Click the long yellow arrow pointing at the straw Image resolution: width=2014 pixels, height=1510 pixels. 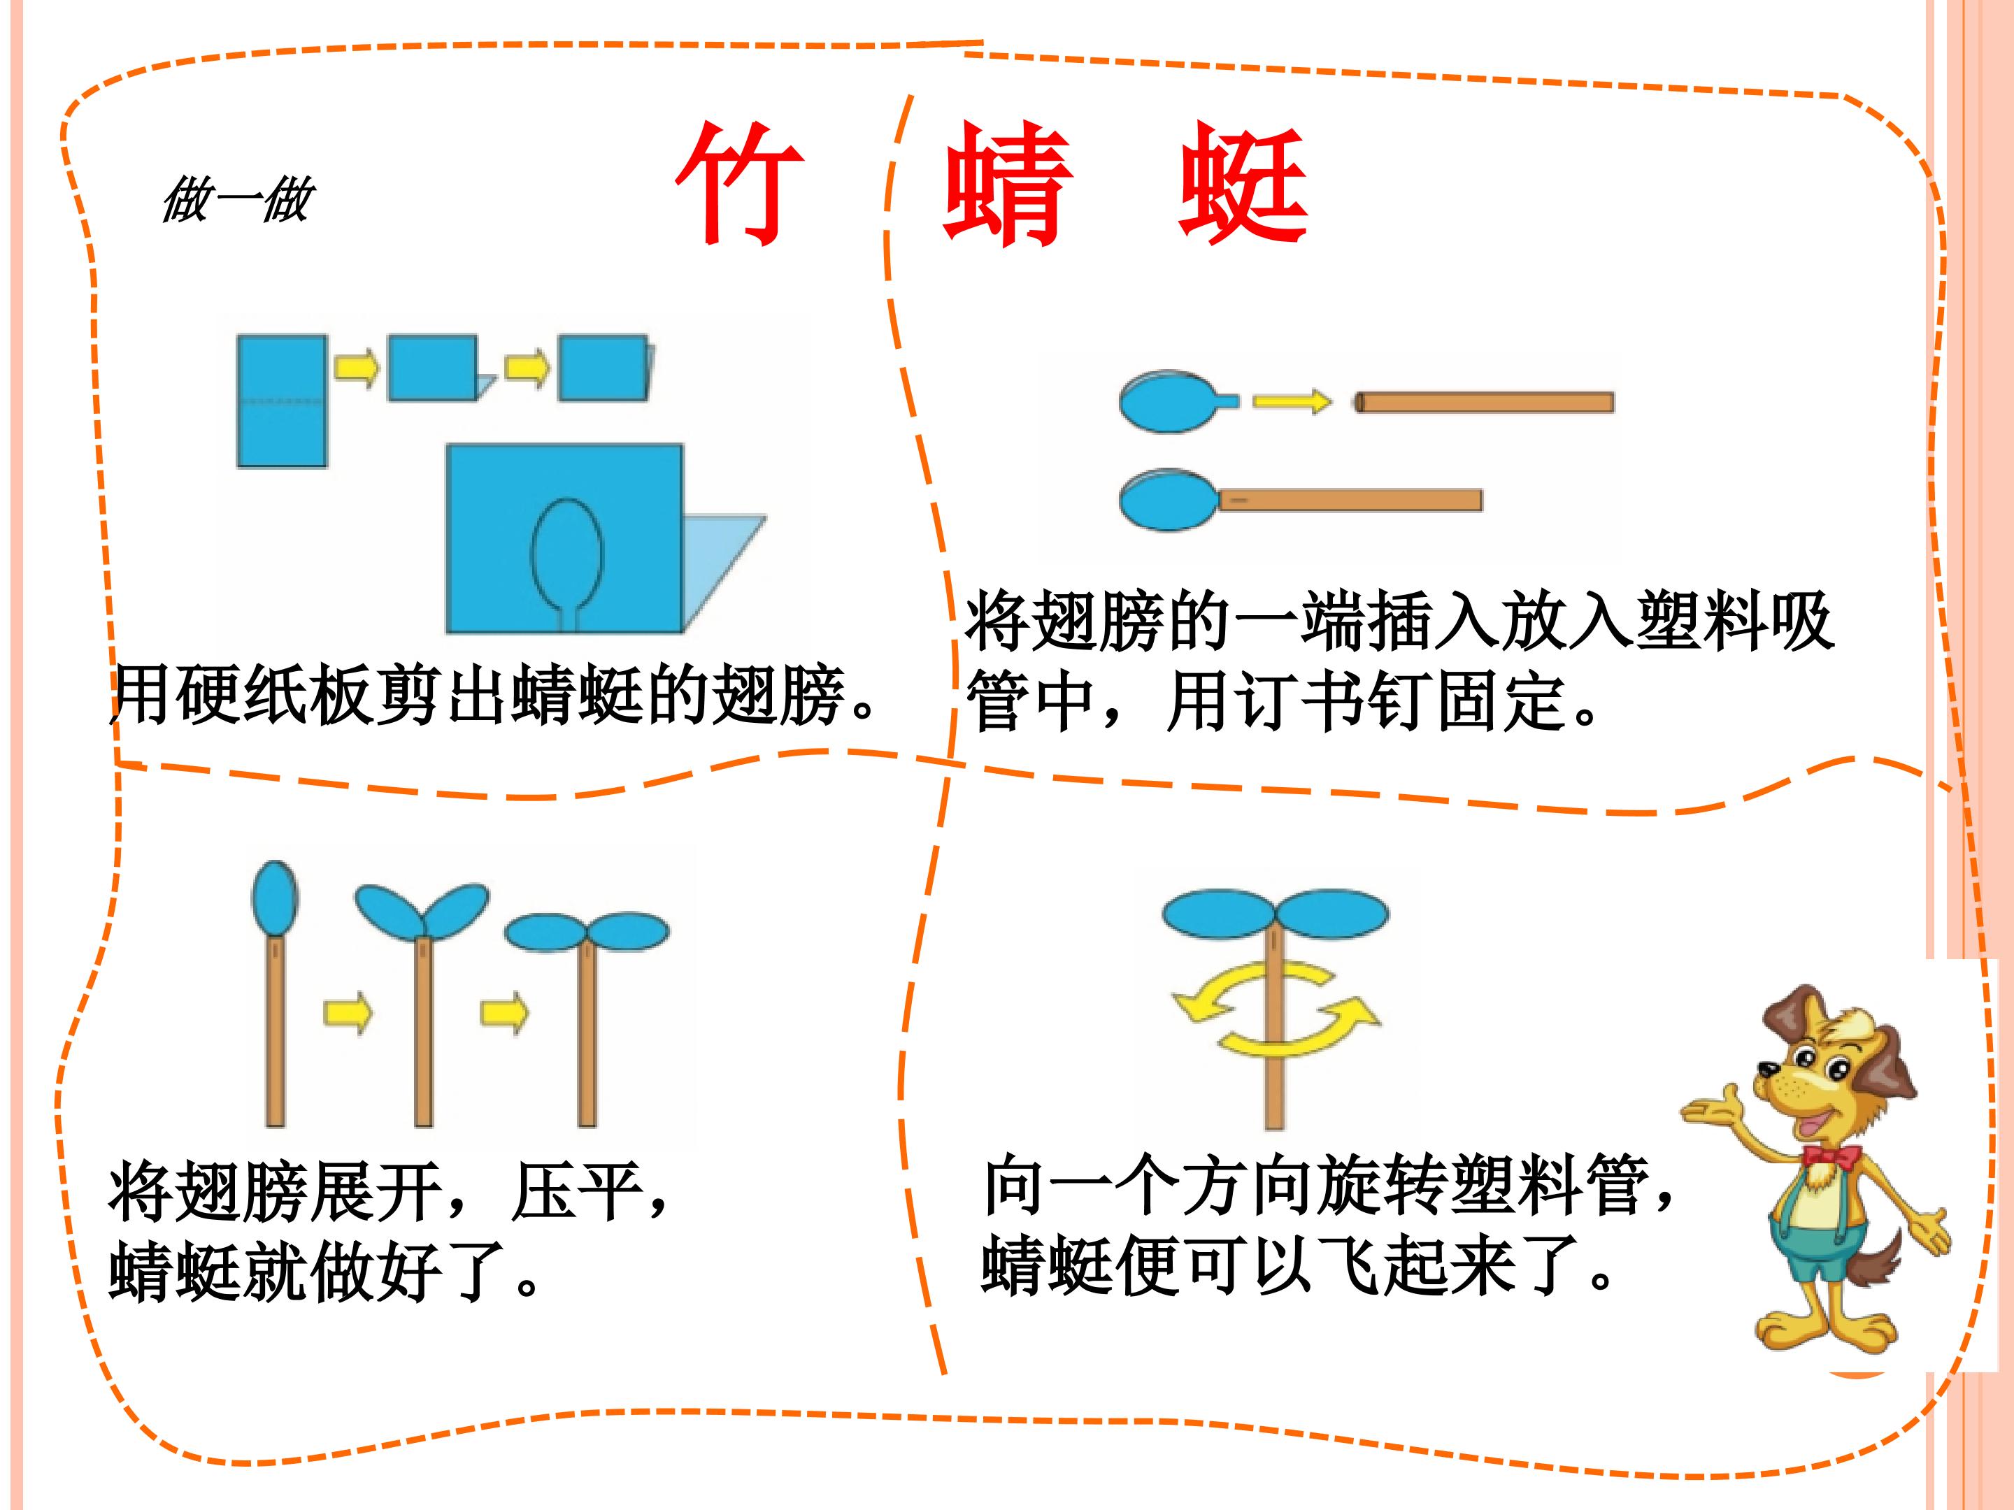coord(1292,401)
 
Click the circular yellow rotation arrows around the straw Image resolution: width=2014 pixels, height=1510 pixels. coord(1276,1009)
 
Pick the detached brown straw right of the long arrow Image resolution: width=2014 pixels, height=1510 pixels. coord(1484,401)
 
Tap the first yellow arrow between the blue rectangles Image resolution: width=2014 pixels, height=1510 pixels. coord(356,368)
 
